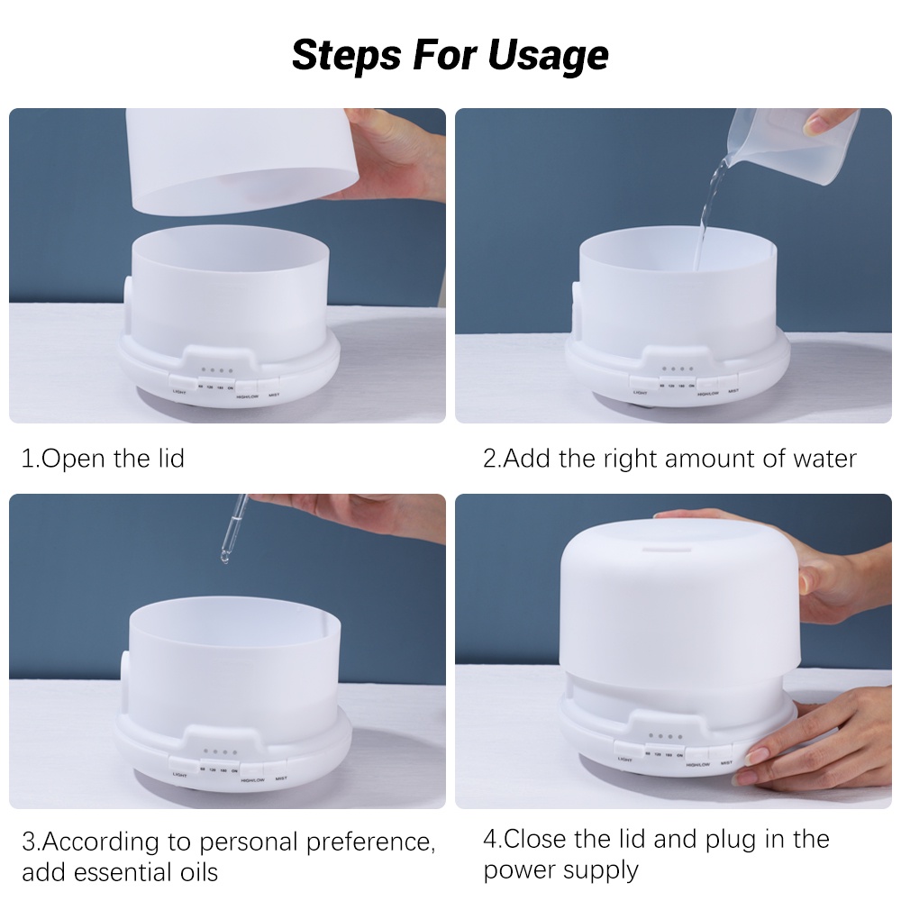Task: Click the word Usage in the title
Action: (548, 56)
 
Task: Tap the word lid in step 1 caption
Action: (167, 459)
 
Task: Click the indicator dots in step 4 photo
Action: (666, 737)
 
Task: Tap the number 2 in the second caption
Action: (489, 459)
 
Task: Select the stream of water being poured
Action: (707, 212)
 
